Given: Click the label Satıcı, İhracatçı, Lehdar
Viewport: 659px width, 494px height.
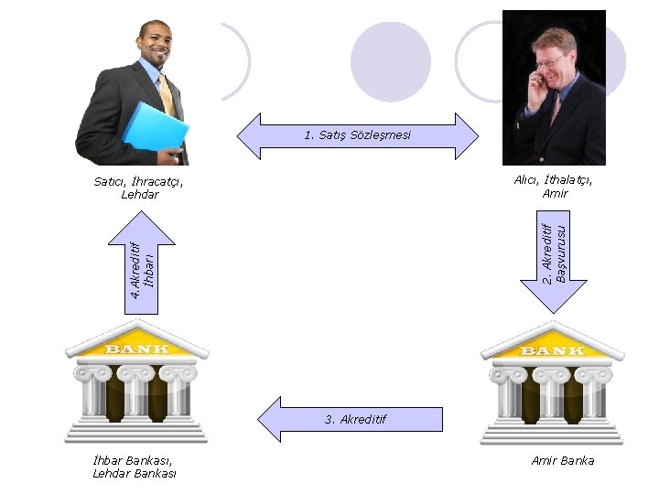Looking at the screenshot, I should (139, 188).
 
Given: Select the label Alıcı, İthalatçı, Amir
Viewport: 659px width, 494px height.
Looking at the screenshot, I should (554, 186).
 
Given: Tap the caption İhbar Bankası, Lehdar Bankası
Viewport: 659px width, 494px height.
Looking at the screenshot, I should (135, 467).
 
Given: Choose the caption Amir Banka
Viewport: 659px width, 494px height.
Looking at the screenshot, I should (563, 460).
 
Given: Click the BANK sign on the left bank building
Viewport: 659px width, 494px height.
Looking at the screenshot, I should (137, 349).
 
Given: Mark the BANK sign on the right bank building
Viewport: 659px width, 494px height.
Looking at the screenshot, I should (553, 350).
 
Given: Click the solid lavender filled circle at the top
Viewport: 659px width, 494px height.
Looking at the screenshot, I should (390, 61).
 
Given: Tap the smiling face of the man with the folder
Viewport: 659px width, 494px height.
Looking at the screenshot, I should (155, 44).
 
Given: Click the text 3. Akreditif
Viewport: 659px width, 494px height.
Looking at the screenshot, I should (356, 419).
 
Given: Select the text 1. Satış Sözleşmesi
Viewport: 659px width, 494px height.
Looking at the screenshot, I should (358, 135).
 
